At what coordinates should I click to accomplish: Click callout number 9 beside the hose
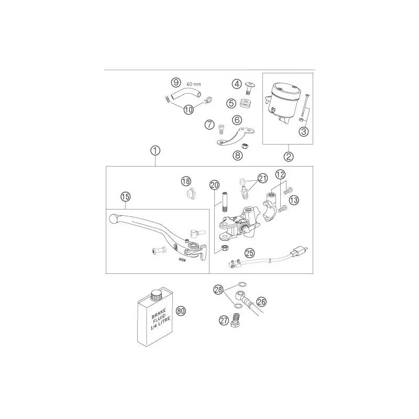pos(176,82)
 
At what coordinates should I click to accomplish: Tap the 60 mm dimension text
pos(194,84)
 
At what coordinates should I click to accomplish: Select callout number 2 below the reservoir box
pos(289,156)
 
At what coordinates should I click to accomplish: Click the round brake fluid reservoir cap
pos(284,89)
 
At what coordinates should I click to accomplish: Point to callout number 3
pos(304,131)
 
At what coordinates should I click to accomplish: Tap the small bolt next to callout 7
pos(221,129)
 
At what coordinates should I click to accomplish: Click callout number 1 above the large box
pos(155,151)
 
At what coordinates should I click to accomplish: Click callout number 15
pos(125,197)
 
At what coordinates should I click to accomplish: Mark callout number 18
pos(186,181)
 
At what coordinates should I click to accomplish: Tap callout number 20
pos(215,185)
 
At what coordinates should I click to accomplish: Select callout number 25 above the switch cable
pos(250,253)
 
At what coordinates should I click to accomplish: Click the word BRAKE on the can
pos(159,313)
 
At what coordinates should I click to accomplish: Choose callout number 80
pos(181,311)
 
